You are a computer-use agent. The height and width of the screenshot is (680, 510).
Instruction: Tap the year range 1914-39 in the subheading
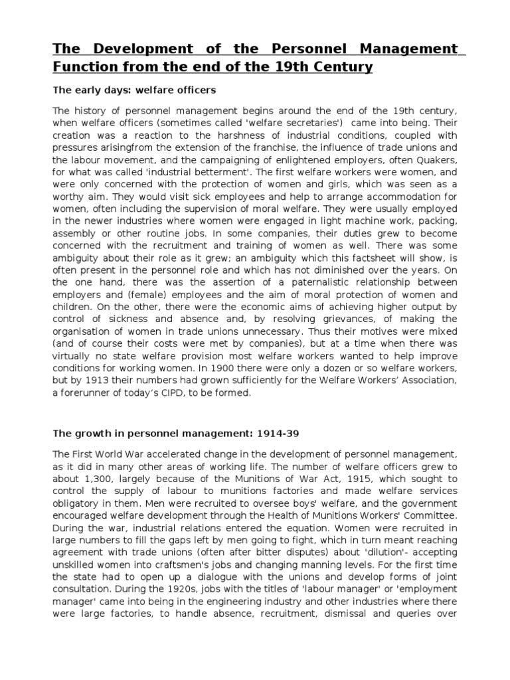tap(283, 434)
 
